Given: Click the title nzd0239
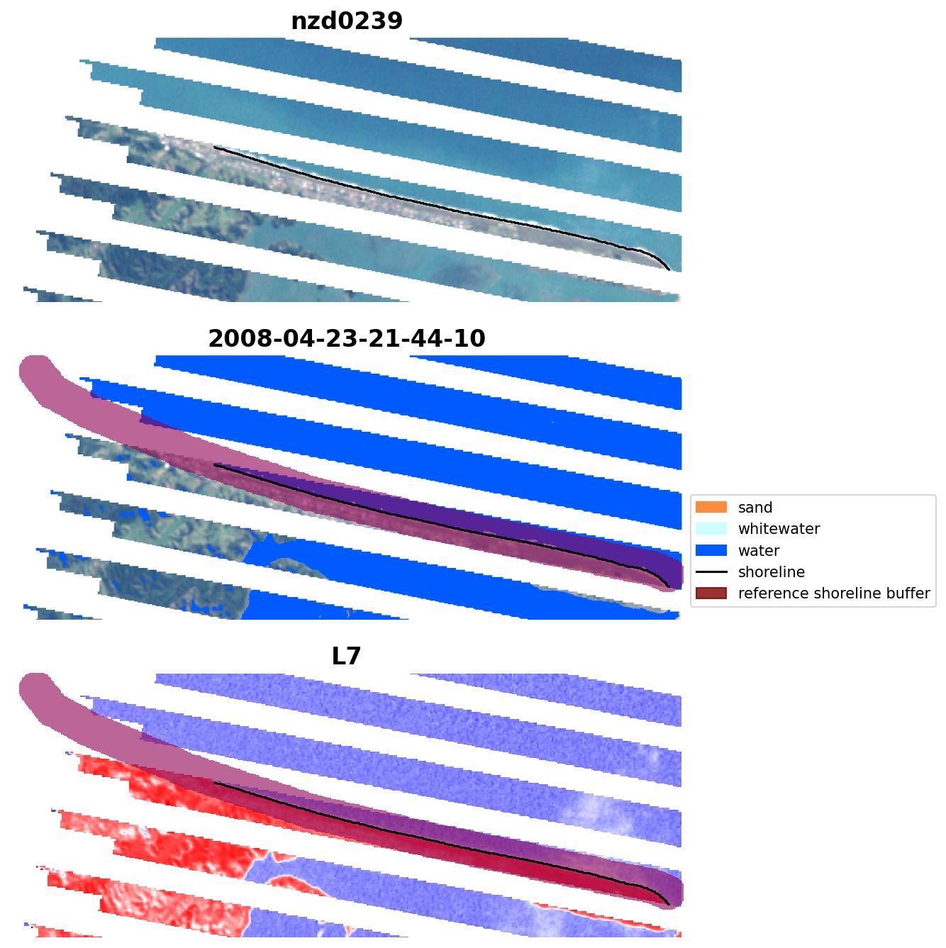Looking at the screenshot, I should pos(347,21).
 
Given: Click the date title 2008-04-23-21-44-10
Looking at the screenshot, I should pos(347,339).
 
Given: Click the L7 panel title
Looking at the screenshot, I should pos(347,657).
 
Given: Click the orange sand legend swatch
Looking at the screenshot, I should pos(711,508).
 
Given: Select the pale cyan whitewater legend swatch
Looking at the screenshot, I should pos(711,529).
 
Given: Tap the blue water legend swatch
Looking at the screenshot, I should pos(711,551).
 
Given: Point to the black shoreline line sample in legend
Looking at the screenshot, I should pos(711,572).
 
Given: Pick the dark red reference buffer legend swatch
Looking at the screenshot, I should pos(711,593).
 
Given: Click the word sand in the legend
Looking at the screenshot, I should pos(755,508).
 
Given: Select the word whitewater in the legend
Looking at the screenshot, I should pos(779,529).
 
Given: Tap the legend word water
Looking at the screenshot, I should pos(759,551).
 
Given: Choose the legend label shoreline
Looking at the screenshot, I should pos(772,572).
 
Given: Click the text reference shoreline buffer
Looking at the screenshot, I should pos(834,593).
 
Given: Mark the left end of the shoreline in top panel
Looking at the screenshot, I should pos(214,147).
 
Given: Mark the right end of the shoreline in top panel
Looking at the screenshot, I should pos(669,269).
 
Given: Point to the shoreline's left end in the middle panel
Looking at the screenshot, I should pos(214,465).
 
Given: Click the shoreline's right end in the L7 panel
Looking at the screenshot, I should pos(669,905).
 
